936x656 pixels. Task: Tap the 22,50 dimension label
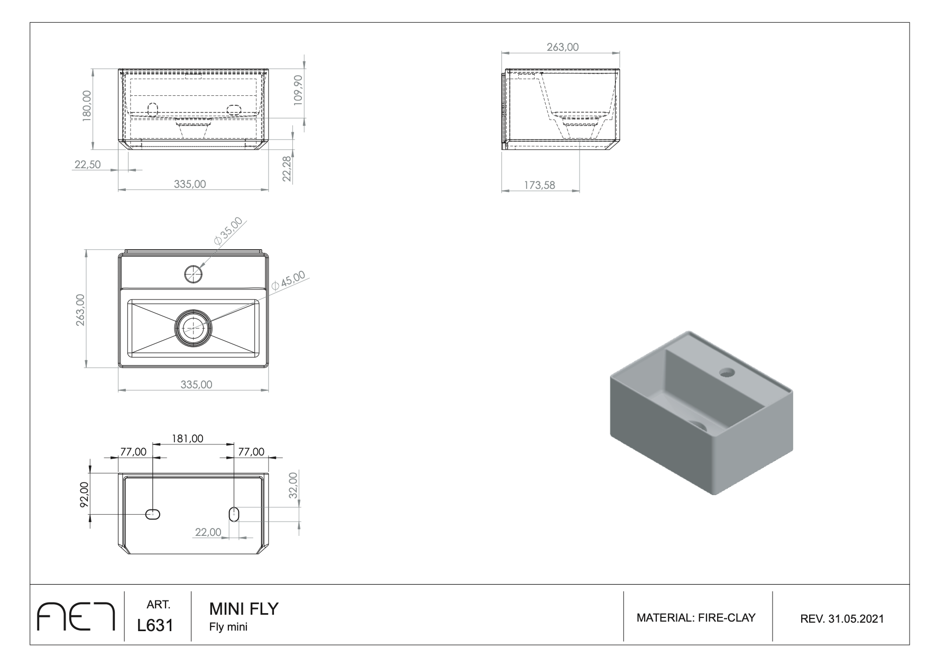click(x=88, y=165)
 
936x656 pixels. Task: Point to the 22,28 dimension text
click(x=287, y=168)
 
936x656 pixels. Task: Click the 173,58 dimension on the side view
click(x=540, y=185)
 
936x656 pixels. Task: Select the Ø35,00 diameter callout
click(x=228, y=231)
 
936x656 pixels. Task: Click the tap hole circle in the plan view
click(x=194, y=274)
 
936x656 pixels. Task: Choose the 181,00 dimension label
click(x=187, y=439)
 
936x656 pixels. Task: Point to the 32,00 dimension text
click(x=293, y=484)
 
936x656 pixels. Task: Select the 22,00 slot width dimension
click(x=208, y=532)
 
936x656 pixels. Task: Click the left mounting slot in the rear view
click(x=153, y=514)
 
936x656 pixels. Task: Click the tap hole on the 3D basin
click(x=727, y=373)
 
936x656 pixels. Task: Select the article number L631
click(x=155, y=625)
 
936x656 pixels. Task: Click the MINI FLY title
click(x=244, y=609)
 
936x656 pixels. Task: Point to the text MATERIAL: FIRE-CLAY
click(x=696, y=617)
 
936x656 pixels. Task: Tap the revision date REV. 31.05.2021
click(x=842, y=618)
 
